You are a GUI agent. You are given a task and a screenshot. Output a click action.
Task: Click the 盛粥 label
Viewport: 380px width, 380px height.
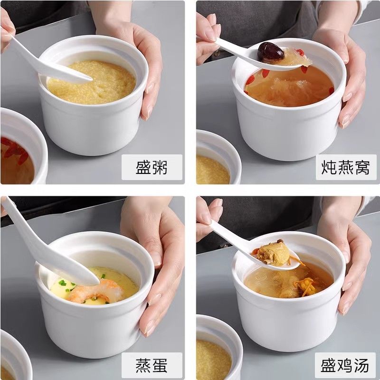point(152,167)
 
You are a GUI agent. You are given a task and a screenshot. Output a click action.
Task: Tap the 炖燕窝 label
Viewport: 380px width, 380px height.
point(346,167)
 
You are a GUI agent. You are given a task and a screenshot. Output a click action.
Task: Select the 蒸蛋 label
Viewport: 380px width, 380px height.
point(152,365)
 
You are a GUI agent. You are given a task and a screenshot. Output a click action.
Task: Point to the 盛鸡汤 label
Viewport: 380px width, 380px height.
point(345,365)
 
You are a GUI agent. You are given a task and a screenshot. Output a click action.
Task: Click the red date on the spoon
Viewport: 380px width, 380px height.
point(271,51)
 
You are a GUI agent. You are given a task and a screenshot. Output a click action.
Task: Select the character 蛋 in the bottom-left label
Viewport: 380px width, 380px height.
point(160,365)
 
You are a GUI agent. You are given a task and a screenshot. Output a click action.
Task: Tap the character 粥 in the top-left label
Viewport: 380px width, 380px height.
point(160,167)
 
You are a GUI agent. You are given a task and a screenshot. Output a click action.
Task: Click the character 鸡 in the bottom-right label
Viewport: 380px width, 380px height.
point(345,365)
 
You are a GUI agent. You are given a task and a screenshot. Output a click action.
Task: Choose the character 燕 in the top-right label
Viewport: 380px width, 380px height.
point(346,167)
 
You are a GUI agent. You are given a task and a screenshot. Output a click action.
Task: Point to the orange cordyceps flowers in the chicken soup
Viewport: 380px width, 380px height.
point(306,286)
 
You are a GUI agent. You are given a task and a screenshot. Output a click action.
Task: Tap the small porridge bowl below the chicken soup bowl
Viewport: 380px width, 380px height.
point(218,349)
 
